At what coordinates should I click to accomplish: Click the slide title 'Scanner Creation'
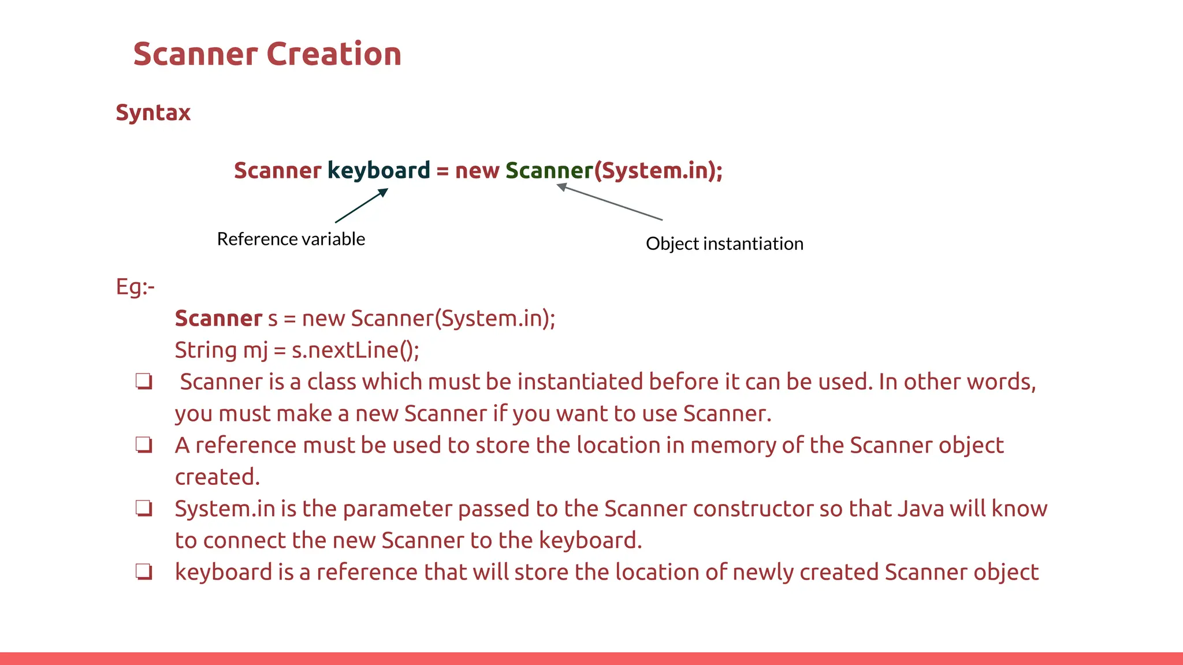pos(267,54)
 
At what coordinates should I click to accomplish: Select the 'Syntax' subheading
pos(153,113)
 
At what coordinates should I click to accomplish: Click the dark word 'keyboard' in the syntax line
pos(379,171)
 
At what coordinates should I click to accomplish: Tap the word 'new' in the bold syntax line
pos(477,171)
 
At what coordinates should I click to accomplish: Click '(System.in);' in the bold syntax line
pos(659,171)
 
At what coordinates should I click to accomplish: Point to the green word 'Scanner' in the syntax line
pos(549,171)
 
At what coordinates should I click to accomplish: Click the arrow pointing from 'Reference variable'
pos(362,206)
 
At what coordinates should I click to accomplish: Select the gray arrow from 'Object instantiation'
pos(609,202)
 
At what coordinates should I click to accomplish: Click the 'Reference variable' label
pos(291,239)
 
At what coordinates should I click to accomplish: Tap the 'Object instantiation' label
pos(724,244)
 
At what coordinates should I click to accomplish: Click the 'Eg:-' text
pos(135,287)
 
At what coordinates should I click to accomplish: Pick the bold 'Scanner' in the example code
pos(218,319)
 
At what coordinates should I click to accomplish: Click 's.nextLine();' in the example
pos(355,350)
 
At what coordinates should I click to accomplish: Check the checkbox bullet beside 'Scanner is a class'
pos(144,382)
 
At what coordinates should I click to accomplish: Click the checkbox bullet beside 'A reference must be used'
pos(144,445)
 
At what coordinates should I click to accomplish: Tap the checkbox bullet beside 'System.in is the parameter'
pos(144,509)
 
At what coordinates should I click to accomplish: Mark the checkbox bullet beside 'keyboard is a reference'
pos(144,572)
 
